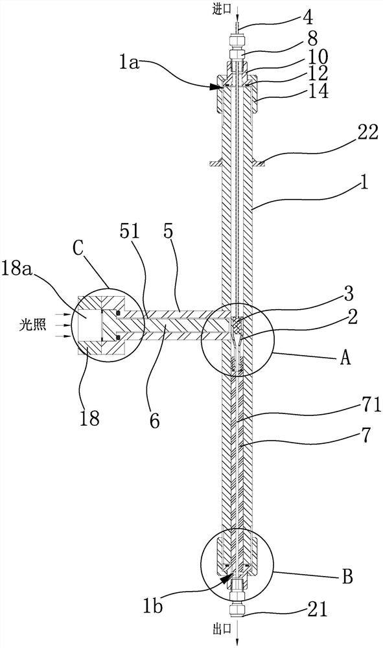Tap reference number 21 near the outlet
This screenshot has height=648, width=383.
tap(317, 609)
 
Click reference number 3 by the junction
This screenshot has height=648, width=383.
tap(349, 294)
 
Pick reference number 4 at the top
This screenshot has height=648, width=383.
tap(319, 17)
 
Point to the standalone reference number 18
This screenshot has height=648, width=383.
tap(89, 418)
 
